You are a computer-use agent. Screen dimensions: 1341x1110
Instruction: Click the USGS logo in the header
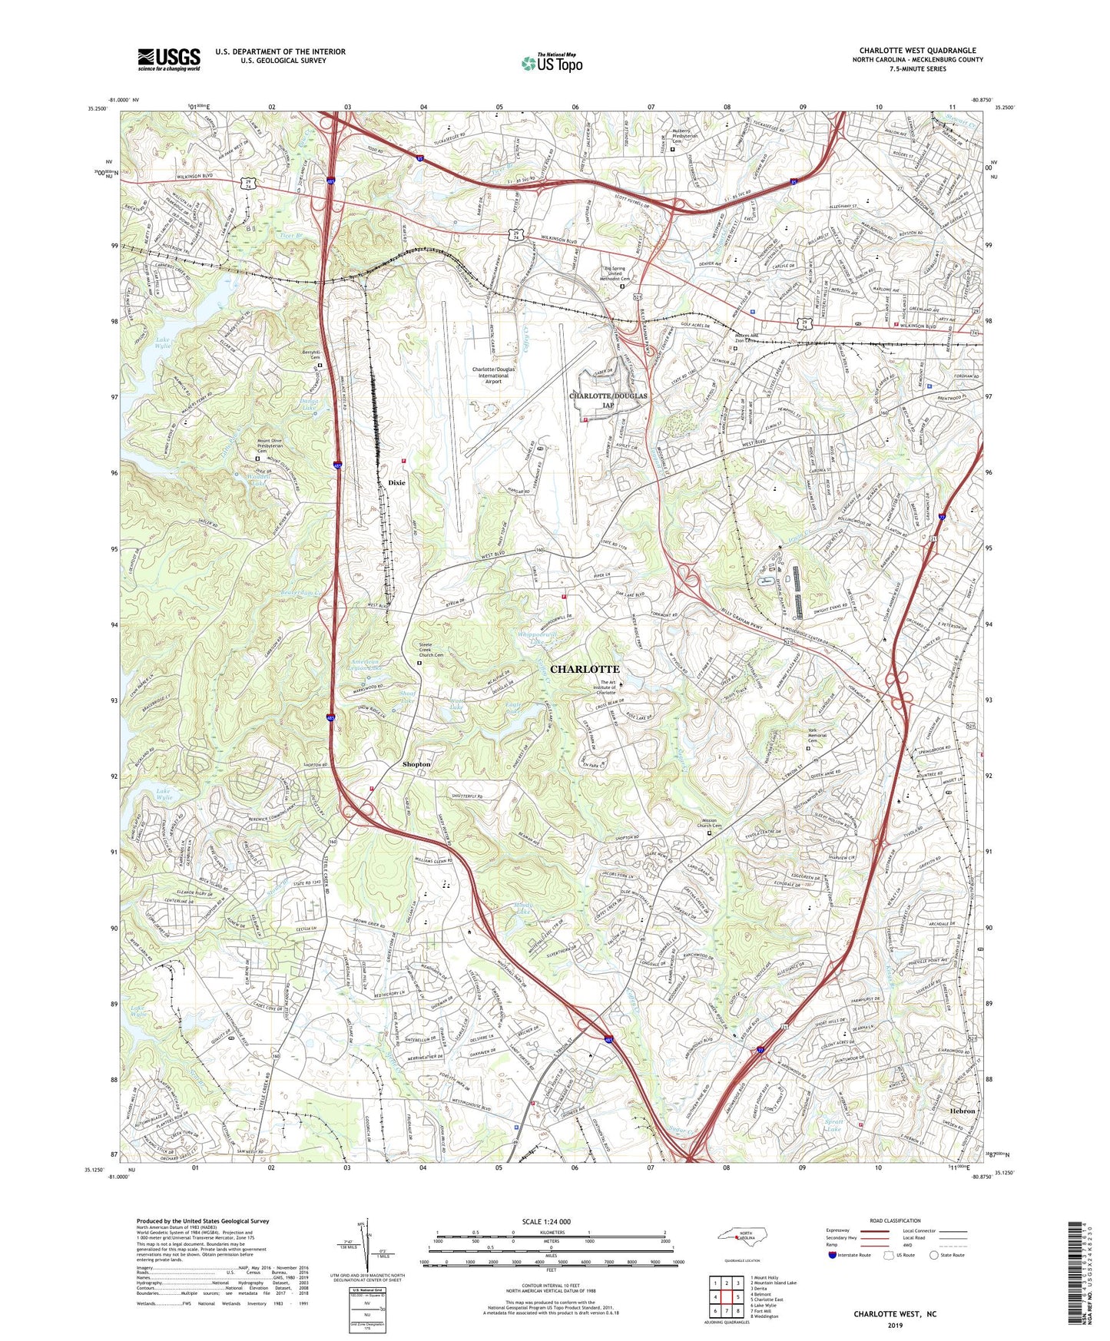169,59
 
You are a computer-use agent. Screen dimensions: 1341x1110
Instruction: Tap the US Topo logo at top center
551,63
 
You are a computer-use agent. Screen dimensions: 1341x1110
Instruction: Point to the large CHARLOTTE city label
584,669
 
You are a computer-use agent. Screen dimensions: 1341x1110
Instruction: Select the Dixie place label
396,482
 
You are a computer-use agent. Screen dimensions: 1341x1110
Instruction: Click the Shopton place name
416,764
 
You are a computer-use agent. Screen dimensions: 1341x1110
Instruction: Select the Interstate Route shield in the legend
833,1255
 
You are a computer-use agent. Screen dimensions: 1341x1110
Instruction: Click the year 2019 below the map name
895,1326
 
